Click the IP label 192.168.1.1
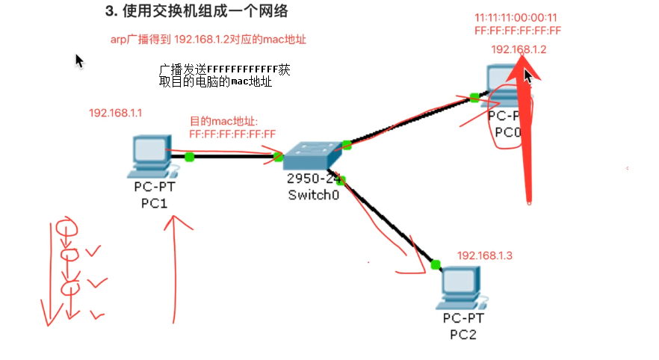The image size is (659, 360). point(116,113)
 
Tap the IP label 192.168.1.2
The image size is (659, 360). point(519,50)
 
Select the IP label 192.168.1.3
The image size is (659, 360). point(485,255)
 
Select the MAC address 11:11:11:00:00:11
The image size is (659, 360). point(516,17)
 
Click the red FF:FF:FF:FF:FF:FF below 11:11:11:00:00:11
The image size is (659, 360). point(517,31)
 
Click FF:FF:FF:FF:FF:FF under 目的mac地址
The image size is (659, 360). point(233,134)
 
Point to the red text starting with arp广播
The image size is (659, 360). point(208,39)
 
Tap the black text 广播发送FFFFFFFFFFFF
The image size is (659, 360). point(224,69)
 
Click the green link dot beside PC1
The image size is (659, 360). point(190,157)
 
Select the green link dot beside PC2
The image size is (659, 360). point(435,263)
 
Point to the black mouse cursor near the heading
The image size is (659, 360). point(79,60)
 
